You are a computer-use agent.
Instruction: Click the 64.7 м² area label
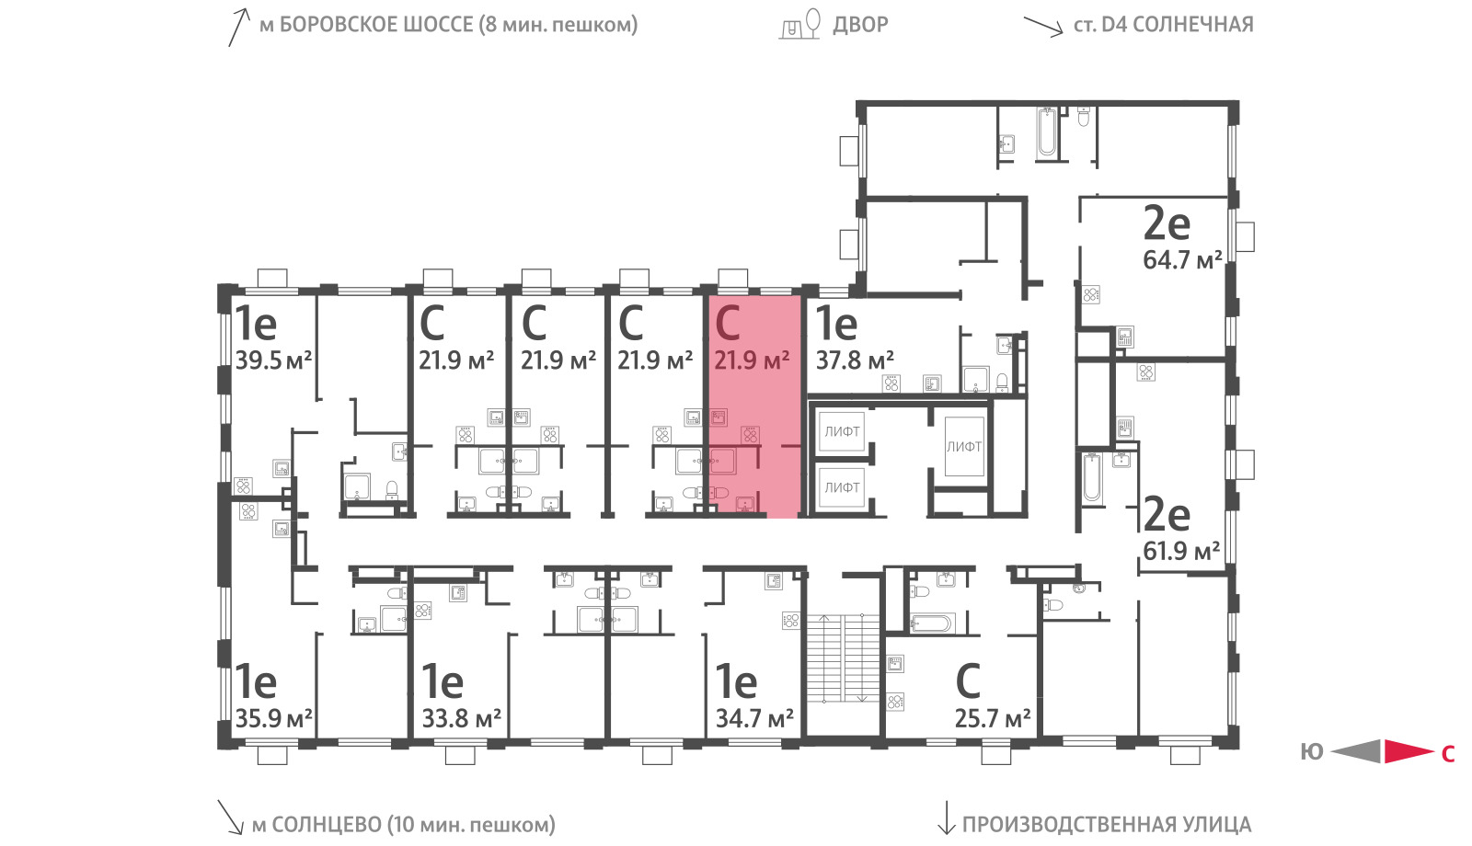[1182, 260]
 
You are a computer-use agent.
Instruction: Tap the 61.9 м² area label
[1181, 551]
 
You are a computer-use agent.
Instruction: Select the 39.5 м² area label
[273, 360]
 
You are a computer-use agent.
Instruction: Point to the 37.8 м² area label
[855, 360]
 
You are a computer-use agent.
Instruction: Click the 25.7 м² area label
[993, 718]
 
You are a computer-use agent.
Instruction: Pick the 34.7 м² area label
[754, 718]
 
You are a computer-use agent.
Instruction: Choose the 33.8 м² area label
[461, 718]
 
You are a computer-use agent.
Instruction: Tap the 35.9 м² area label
[273, 718]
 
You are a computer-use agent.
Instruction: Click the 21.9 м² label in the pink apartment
[752, 360]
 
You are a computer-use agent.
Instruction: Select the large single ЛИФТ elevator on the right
[964, 447]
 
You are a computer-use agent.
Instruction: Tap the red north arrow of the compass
[1409, 751]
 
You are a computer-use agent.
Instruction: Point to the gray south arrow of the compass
[1356, 751]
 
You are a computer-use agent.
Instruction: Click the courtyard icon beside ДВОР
[800, 24]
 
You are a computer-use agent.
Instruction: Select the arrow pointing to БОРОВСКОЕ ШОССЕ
[239, 27]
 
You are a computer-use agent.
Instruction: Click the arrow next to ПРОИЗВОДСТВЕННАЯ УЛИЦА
[946, 817]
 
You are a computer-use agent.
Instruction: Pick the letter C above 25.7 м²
[967, 681]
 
